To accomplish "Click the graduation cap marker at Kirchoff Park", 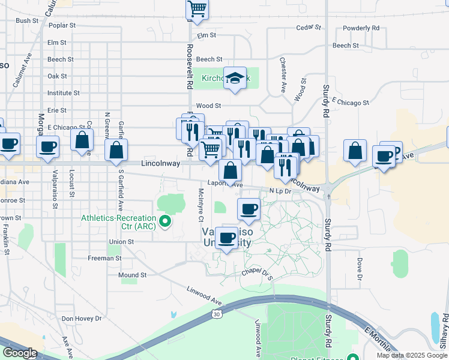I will point(235,79).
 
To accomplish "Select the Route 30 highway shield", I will point(215,314).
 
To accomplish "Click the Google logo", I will point(20,353).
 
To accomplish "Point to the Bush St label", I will point(27,20).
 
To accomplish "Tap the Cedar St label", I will point(309,28).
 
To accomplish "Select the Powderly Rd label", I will point(361,28).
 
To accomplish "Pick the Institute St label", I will point(64,93).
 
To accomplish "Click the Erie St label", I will point(57,110).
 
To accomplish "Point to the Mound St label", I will point(132,275).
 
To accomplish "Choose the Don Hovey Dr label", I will point(82,318).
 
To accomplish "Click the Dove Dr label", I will point(360,269).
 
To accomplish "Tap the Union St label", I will point(121,242).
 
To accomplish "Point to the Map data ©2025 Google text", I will point(411,355).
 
